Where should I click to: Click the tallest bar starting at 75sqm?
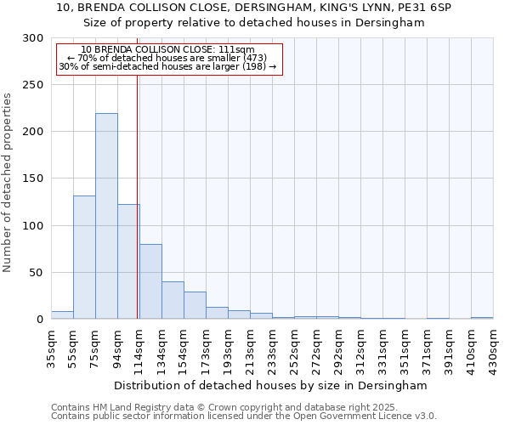(x=106, y=216)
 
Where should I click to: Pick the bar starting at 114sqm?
(x=150, y=281)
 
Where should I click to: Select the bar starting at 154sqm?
(x=195, y=305)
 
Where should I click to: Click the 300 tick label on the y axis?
(x=32, y=38)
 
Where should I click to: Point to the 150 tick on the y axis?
(x=32, y=178)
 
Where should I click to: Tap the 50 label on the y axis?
(x=36, y=273)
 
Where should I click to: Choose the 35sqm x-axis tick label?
(x=51, y=348)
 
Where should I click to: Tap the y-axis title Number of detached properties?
(x=8, y=183)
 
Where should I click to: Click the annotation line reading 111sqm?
(x=167, y=50)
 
